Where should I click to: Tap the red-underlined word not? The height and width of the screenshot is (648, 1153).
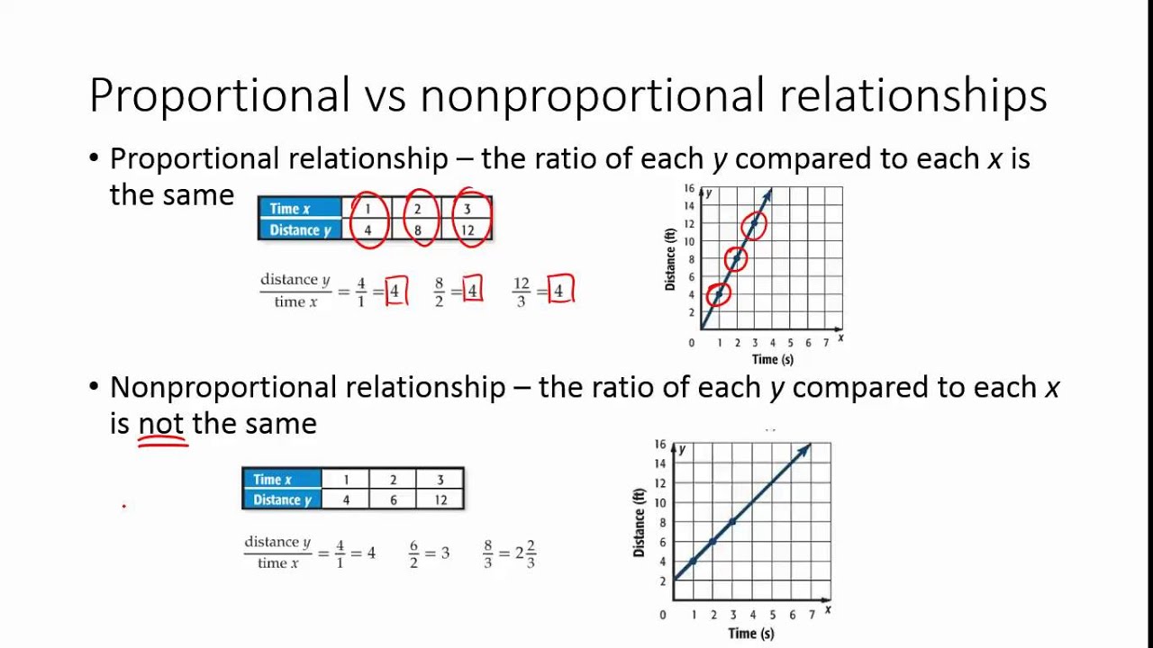coord(161,424)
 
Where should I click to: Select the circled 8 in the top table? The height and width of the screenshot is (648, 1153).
coord(417,230)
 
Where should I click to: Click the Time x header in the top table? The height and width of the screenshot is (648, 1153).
coord(289,209)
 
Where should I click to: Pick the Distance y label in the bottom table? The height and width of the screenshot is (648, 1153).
coord(282,500)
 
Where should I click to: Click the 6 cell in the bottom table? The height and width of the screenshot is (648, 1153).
coord(393,500)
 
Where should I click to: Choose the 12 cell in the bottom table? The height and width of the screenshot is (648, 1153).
coord(440,500)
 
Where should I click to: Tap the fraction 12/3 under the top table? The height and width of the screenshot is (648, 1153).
coord(522,291)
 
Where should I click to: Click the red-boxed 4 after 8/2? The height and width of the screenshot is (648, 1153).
coord(472,291)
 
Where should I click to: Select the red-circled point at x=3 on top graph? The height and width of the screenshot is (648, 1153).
coord(754,224)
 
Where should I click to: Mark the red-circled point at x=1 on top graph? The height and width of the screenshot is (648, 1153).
coord(718,294)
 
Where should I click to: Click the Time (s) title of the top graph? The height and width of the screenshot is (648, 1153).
coord(772,359)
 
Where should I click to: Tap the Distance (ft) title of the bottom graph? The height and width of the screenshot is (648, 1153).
coord(640,522)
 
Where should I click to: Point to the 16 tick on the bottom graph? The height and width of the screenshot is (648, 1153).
coord(660,445)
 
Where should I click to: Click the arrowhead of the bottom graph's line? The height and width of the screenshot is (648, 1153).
coord(804,449)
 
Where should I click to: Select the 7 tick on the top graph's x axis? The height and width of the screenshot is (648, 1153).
coord(825,343)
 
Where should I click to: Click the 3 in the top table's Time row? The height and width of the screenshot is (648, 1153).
coord(467,209)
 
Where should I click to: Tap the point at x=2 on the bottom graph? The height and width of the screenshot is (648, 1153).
coord(713,541)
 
